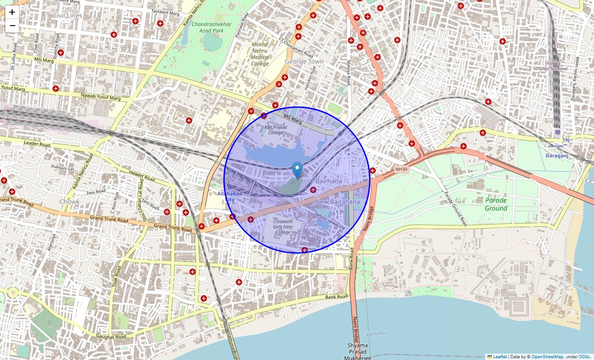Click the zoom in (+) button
point(12,12)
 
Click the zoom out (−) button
point(12,26)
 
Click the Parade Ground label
point(496,204)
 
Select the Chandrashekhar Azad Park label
point(207,27)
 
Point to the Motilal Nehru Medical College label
point(260,54)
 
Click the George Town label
point(304,61)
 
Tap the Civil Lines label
point(68,16)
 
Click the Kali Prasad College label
point(274,130)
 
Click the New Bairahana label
point(338,202)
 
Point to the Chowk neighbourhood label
point(69,202)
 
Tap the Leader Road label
point(36,144)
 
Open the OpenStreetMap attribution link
point(547,356)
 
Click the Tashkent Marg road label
point(166,11)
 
